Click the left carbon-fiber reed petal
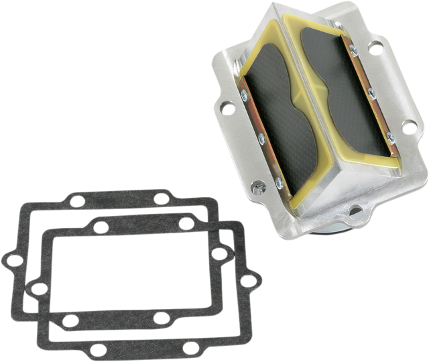(x=271, y=114)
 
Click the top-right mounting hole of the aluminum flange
(x=375, y=48)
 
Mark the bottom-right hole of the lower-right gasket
(x=190, y=347)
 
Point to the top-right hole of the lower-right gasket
(x=185, y=223)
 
